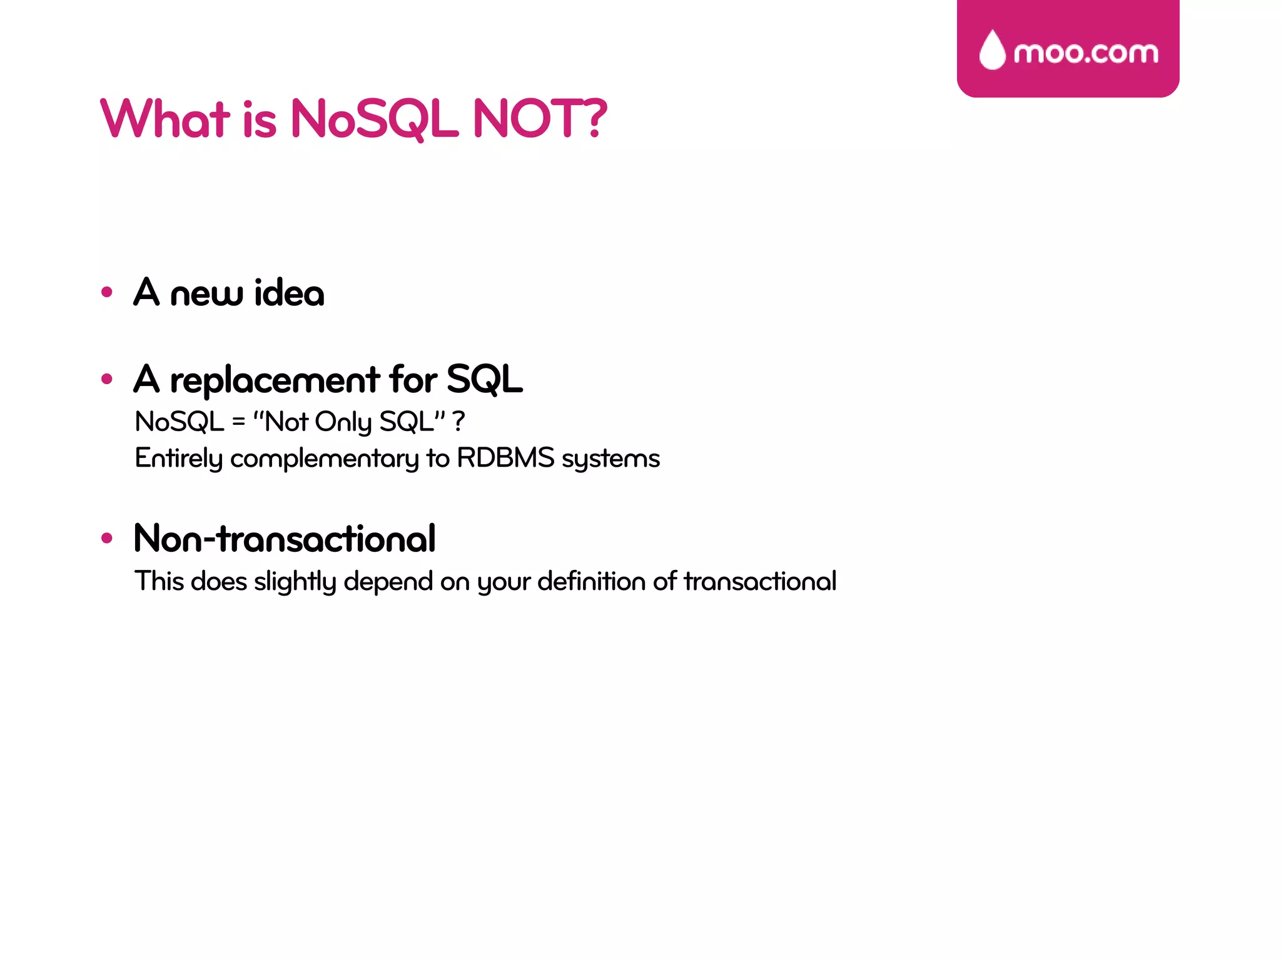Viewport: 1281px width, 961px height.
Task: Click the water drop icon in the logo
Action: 992,50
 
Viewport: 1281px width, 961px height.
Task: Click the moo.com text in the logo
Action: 1086,53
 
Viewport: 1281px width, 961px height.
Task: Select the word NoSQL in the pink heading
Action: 374,118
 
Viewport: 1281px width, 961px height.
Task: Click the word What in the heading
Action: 165,118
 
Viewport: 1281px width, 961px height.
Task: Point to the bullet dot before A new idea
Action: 107,292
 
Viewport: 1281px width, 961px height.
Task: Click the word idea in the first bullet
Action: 289,293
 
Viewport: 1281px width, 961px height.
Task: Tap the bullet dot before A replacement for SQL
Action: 107,379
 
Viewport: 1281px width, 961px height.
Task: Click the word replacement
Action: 275,380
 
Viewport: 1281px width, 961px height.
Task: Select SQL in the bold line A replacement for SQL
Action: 485,379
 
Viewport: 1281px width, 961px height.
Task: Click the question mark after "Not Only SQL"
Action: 458,422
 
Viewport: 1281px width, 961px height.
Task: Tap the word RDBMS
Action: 505,458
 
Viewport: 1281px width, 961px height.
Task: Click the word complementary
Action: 324,459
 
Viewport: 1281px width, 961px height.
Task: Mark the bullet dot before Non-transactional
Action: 107,538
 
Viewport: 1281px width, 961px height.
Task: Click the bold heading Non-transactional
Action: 285,538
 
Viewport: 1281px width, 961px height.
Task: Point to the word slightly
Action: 295,582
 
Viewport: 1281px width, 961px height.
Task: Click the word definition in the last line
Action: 591,581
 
